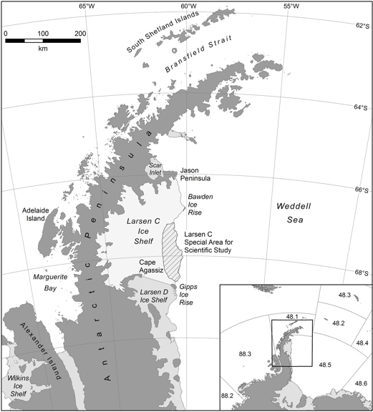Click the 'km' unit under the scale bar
click(43, 49)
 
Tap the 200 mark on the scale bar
click(79, 33)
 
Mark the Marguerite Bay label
click(48, 280)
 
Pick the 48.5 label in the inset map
click(324, 365)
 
